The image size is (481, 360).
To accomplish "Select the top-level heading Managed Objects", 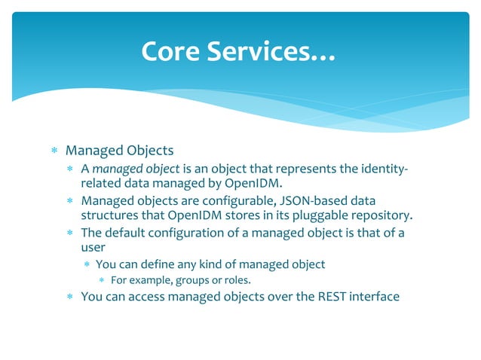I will point(119,151).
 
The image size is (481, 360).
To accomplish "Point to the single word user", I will point(93,247).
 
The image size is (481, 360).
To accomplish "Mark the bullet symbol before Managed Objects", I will point(54,151).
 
